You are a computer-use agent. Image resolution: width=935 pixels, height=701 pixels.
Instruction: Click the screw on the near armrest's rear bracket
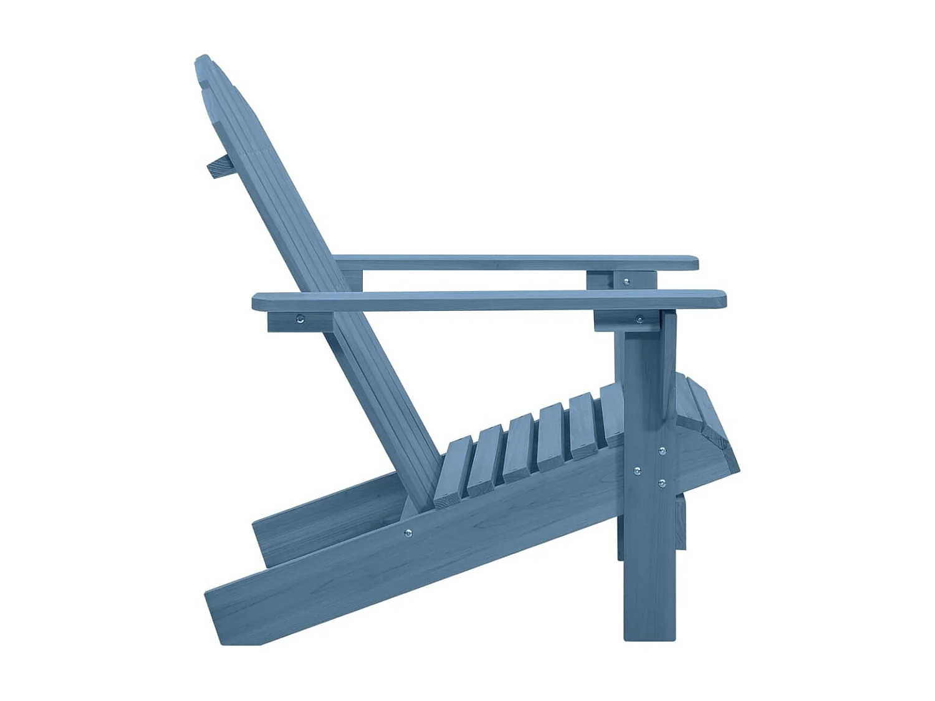pyautogui.click(x=300, y=320)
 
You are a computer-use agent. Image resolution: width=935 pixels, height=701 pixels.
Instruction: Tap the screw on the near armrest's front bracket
pyautogui.click(x=639, y=320)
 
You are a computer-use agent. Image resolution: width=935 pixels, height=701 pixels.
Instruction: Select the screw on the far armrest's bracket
pyautogui.click(x=626, y=282)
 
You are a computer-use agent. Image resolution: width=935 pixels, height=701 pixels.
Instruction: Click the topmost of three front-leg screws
pyautogui.click(x=662, y=451)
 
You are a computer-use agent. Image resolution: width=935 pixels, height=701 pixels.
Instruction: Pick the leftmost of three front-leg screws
pyautogui.click(x=636, y=471)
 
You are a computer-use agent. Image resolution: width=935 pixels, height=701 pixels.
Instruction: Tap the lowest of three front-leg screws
pyautogui.click(x=661, y=482)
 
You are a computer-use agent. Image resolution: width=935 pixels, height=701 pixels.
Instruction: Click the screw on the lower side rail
pyautogui.click(x=408, y=533)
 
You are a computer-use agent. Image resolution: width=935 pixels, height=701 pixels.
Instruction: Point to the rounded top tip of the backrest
pyautogui.click(x=203, y=61)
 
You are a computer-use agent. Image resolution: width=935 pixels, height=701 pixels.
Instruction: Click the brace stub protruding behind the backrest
pyautogui.click(x=218, y=167)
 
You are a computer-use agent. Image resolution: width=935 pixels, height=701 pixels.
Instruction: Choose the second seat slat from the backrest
pyautogui.click(x=485, y=457)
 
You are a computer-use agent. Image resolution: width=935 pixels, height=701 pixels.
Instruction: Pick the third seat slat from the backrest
pyautogui.click(x=519, y=447)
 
